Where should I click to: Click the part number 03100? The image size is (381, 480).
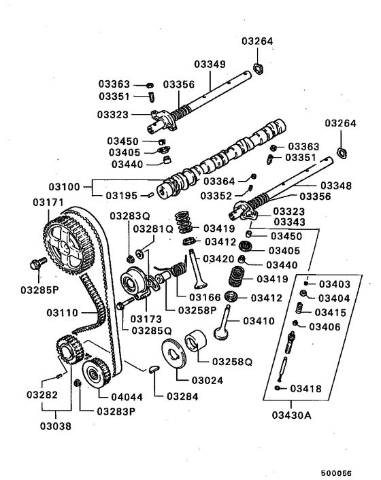[x=64, y=186]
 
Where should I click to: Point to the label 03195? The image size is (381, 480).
[x=122, y=195]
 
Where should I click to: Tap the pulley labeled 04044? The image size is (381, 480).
[x=95, y=373]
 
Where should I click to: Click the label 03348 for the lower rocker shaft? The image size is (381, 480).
[x=335, y=184]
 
